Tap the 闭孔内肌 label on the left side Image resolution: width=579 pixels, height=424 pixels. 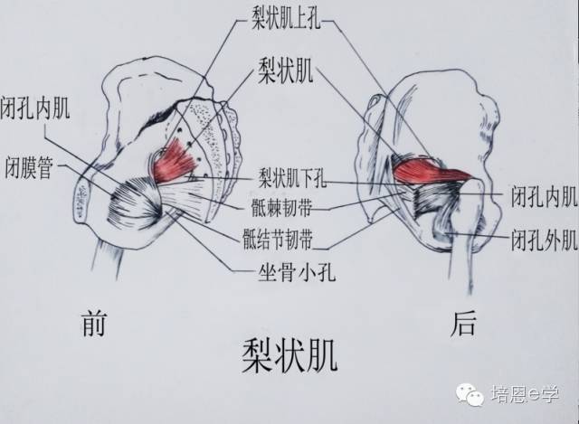click(x=37, y=109)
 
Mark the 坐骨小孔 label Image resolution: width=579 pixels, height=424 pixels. click(x=287, y=269)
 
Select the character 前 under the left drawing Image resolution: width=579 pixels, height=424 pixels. click(x=93, y=323)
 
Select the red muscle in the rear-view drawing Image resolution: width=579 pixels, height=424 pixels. click(x=431, y=170)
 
